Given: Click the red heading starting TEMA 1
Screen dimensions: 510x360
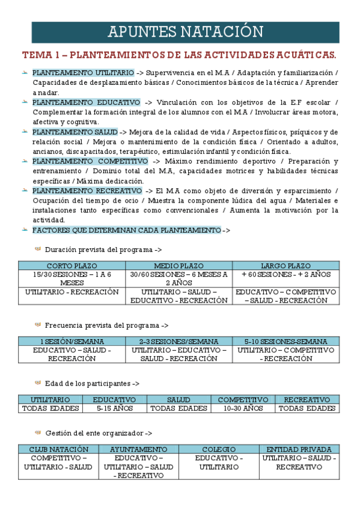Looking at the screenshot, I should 179,55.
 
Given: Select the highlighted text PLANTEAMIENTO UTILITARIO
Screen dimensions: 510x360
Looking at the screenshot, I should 83,73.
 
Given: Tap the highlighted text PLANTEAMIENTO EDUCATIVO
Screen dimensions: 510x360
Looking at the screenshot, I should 86,102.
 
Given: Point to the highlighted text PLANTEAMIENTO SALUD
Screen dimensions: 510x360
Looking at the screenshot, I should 75,132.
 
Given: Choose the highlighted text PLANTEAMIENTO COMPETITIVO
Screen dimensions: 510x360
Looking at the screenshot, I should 90,161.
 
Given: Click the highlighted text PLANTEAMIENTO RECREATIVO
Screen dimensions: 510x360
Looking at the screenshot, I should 87,191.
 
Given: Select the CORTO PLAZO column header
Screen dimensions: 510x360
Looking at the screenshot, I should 72,266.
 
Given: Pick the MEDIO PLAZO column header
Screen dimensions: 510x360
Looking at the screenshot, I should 178,266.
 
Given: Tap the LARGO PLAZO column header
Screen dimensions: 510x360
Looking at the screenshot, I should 285,266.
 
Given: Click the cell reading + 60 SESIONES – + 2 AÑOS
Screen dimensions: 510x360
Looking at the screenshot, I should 285,274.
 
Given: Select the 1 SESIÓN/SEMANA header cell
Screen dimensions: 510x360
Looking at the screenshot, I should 72,342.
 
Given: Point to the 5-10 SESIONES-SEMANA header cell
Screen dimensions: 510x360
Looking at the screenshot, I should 285,342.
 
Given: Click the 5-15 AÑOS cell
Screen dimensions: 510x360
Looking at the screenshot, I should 114,408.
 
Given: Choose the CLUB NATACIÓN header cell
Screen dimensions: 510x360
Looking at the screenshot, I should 58,449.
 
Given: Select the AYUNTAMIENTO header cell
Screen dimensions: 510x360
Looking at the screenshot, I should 138,449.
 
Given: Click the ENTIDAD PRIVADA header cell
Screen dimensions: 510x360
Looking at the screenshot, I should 299,449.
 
